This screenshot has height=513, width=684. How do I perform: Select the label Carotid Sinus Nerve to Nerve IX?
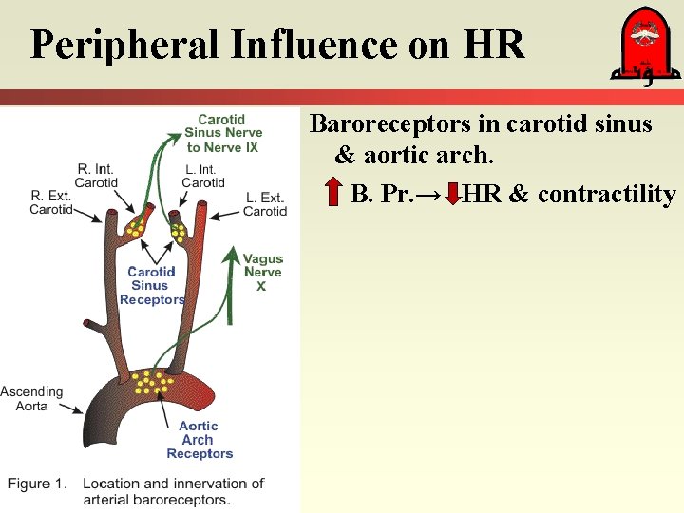point(221,133)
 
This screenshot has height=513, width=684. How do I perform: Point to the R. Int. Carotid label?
point(96,176)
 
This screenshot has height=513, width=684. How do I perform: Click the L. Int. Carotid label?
point(203,176)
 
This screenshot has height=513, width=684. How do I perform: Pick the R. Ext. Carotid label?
point(50,203)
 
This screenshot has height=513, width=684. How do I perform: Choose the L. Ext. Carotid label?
point(265,204)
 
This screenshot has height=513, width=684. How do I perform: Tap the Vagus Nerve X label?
point(262,273)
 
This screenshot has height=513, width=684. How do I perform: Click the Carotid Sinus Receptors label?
point(151,285)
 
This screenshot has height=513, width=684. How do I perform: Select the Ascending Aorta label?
point(31,399)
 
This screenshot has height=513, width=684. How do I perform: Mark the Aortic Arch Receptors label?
point(199,440)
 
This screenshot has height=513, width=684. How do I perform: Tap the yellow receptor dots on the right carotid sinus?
point(138,226)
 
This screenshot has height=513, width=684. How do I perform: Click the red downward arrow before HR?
point(454,194)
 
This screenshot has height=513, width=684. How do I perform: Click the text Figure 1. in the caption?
point(37,484)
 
